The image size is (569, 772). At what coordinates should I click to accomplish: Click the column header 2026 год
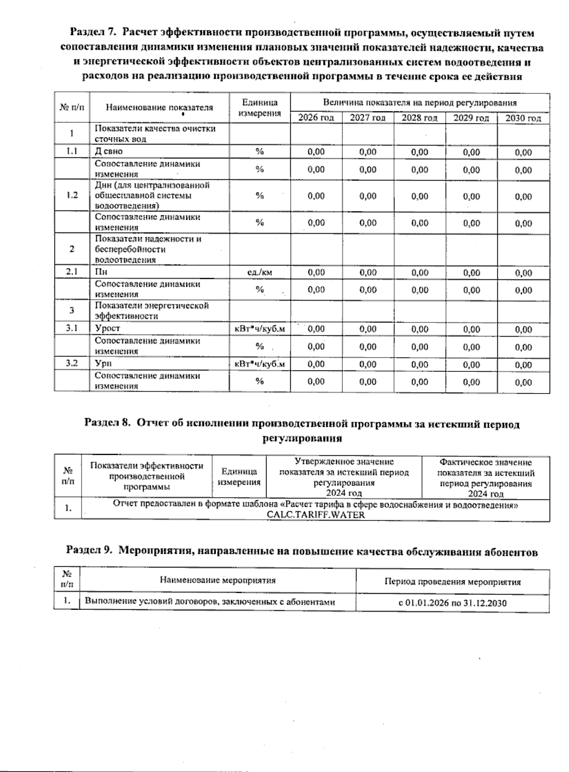[x=316, y=118]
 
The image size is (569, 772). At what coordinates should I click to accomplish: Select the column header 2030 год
[x=523, y=118]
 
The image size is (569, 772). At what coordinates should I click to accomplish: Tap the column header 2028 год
[x=419, y=118]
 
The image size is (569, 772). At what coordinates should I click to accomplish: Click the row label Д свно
[x=109, y=151]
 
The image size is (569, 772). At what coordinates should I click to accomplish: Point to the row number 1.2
[x=72, y=195]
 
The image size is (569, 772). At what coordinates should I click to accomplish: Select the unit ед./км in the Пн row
[x=259, y=272]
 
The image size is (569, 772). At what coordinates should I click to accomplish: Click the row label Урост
[x=107, y=328]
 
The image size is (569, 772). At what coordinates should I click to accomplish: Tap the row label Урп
[x=103, y=364]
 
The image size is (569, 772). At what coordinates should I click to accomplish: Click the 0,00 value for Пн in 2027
[x=367, y=272]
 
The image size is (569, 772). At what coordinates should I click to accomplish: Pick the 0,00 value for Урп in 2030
[x=523, y=365]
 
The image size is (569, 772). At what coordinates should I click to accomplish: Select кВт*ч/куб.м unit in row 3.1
[x=259, y=328]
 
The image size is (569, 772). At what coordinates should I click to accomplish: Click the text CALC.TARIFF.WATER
[x=315, y=515]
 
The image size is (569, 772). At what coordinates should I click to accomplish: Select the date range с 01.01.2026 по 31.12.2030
[x=452, y=603]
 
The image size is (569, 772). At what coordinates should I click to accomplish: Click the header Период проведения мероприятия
[x=452, y=582]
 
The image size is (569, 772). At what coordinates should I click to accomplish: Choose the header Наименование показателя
[x=159, y=108]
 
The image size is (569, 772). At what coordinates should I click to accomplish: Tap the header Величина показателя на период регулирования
[x=420, y=102]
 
